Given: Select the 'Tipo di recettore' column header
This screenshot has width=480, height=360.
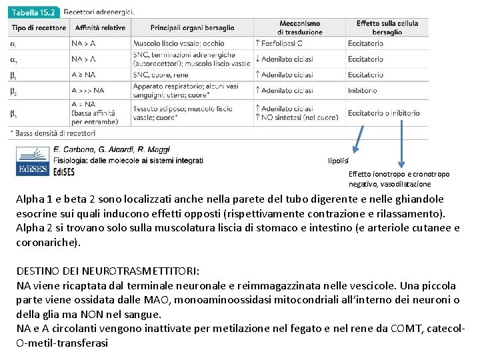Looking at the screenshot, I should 39,28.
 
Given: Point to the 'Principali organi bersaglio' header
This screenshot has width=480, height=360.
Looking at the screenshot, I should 193,28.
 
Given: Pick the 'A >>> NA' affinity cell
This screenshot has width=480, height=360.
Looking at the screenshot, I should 88,91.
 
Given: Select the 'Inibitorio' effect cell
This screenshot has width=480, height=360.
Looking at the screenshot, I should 362,91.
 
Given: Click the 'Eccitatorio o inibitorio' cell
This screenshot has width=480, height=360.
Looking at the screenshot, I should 383,113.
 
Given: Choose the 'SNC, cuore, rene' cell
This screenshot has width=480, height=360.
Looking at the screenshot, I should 161,75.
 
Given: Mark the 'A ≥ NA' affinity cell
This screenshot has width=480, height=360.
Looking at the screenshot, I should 83,75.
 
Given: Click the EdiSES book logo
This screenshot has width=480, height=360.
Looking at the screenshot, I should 33,161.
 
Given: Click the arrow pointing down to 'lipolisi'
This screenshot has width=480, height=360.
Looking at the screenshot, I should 357,139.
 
